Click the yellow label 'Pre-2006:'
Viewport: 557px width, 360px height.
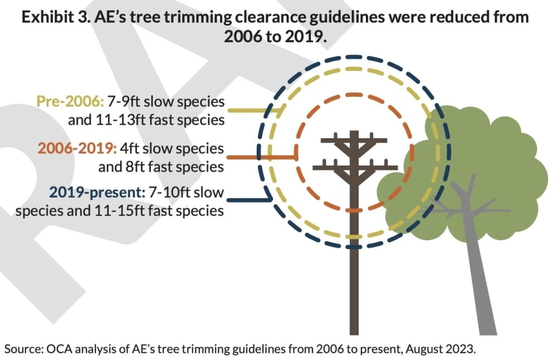click(x=70, y=101)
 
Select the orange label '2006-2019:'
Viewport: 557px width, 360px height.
click(x=77, y=148)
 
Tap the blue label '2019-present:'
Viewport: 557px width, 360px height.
click(x=97, y=193)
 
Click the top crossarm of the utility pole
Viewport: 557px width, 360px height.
click(x=354, y=140)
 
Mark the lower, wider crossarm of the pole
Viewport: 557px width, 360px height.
click(x=355, y=167)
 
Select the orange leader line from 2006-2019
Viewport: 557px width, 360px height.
click(x=262, y=157)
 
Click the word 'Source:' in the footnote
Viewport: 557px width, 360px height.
click(x=23, y=349)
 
